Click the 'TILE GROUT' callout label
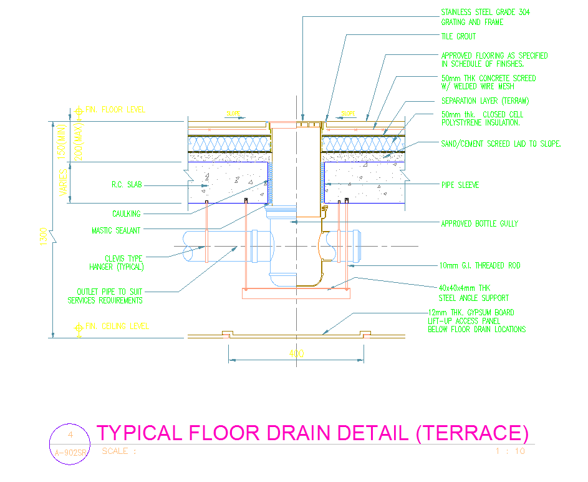tap(458, 37)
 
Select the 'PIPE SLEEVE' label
tap(460, 185)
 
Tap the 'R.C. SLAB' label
tap(127, 185)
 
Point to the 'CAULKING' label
tap(127, 214)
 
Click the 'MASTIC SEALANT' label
tap(116, 230)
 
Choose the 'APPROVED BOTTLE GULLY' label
tap(480, 224)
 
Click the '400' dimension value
tap(297, 353)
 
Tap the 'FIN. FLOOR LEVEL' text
tap(115, 109)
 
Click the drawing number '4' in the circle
tap(70, 435)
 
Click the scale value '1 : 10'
tap(510, 451)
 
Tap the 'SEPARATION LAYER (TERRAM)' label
tap(485, 101)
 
